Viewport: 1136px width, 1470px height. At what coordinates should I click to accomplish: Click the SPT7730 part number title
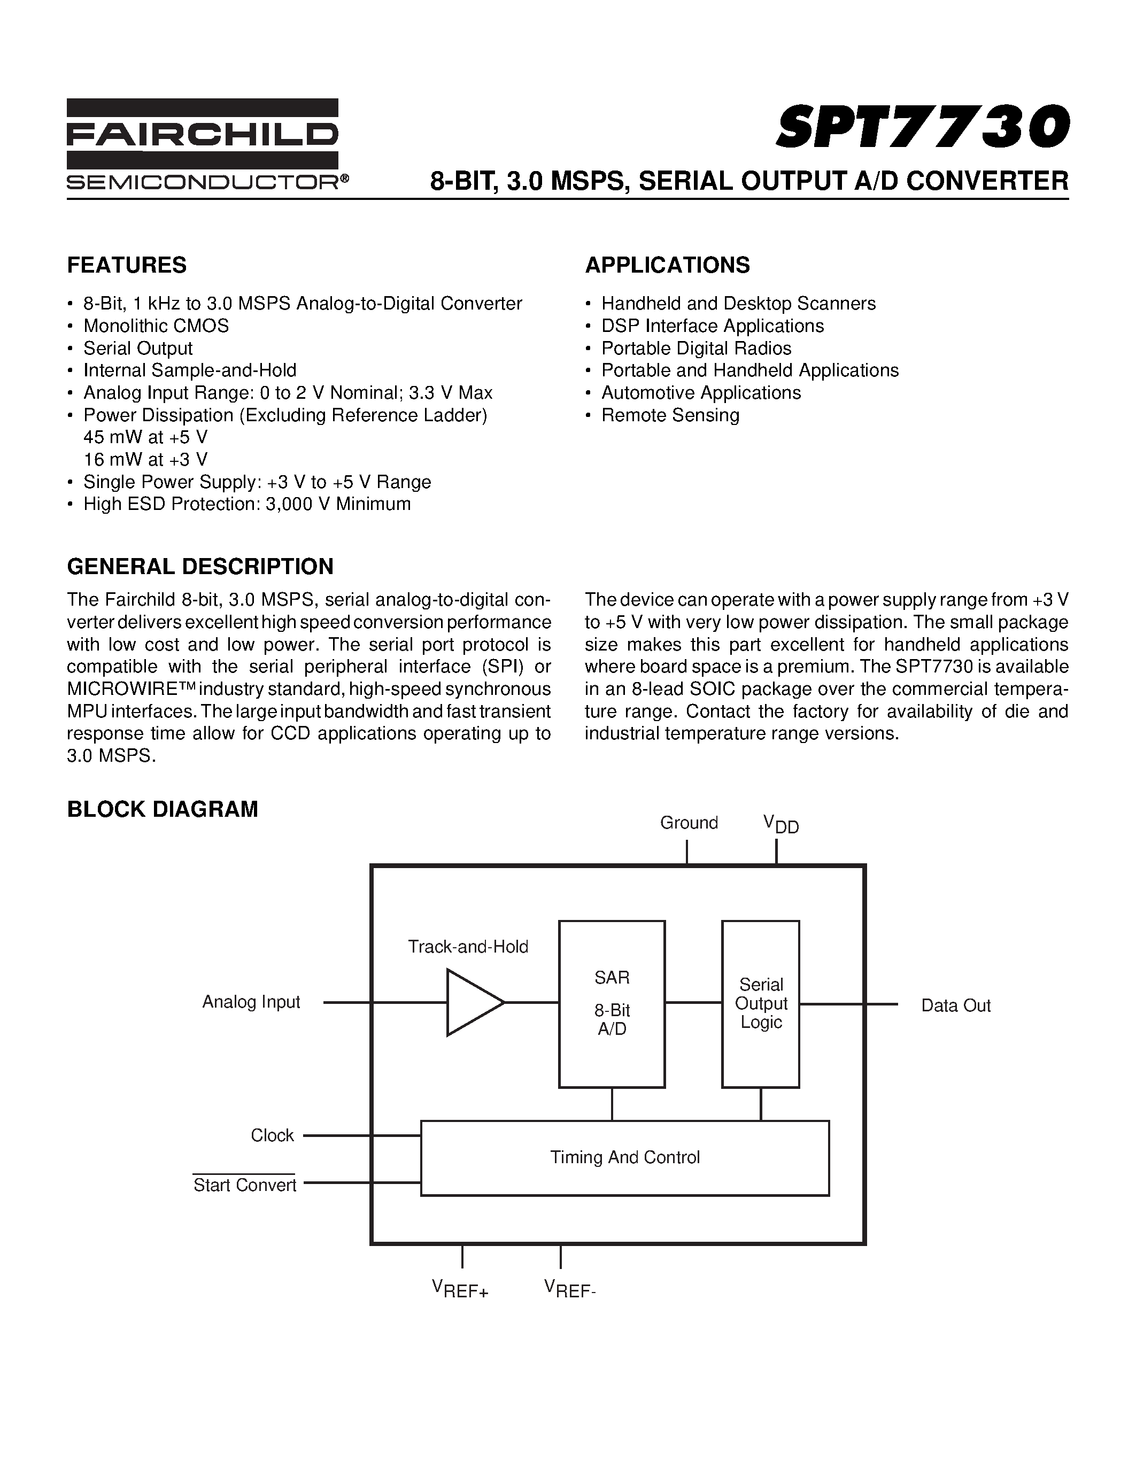tap(922, 127)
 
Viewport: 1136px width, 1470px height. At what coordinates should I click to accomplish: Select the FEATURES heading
tap(127, 265)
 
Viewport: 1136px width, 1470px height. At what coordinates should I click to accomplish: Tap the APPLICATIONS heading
tap(667, 265)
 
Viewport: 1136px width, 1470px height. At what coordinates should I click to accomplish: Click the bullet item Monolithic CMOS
tap(156, 326)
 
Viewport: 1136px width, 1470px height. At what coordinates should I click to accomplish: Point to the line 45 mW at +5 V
tap(145, 437)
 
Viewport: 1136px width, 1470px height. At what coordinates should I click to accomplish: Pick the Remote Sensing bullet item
tap(670, 415)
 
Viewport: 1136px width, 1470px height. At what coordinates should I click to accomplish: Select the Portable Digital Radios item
tap(696, 349)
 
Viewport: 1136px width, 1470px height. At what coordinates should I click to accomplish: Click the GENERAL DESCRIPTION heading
tap(200, 567)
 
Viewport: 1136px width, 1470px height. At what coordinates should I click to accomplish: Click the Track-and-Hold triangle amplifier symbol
tap(473, 1002)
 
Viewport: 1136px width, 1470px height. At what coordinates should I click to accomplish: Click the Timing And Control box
tap(624, 1157)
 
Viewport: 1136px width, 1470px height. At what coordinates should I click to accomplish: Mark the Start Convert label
tap(244, 1185)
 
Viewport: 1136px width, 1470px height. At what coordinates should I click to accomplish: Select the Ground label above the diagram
tap(689, 823)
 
